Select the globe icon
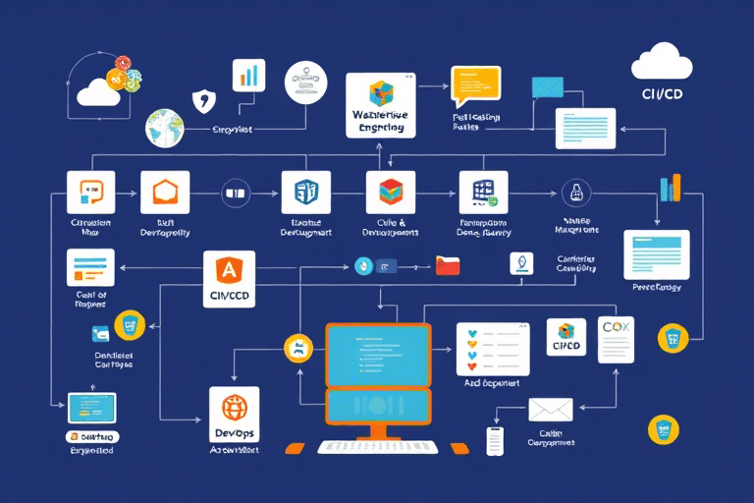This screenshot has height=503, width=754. [165, 128]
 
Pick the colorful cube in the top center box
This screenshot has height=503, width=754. [380, 95]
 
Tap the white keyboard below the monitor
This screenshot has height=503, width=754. [377, 447]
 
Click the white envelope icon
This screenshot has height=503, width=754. [550, 409]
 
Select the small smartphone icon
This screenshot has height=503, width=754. [495, 441]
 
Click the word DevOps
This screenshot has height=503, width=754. [234, 432]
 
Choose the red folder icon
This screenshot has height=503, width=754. [448, 265]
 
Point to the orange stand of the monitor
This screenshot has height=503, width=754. [377, 429]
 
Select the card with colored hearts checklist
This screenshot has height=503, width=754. [493, 346]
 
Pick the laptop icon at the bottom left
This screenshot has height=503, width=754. [91, 408]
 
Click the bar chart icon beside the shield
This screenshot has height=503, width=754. [249, 77]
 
